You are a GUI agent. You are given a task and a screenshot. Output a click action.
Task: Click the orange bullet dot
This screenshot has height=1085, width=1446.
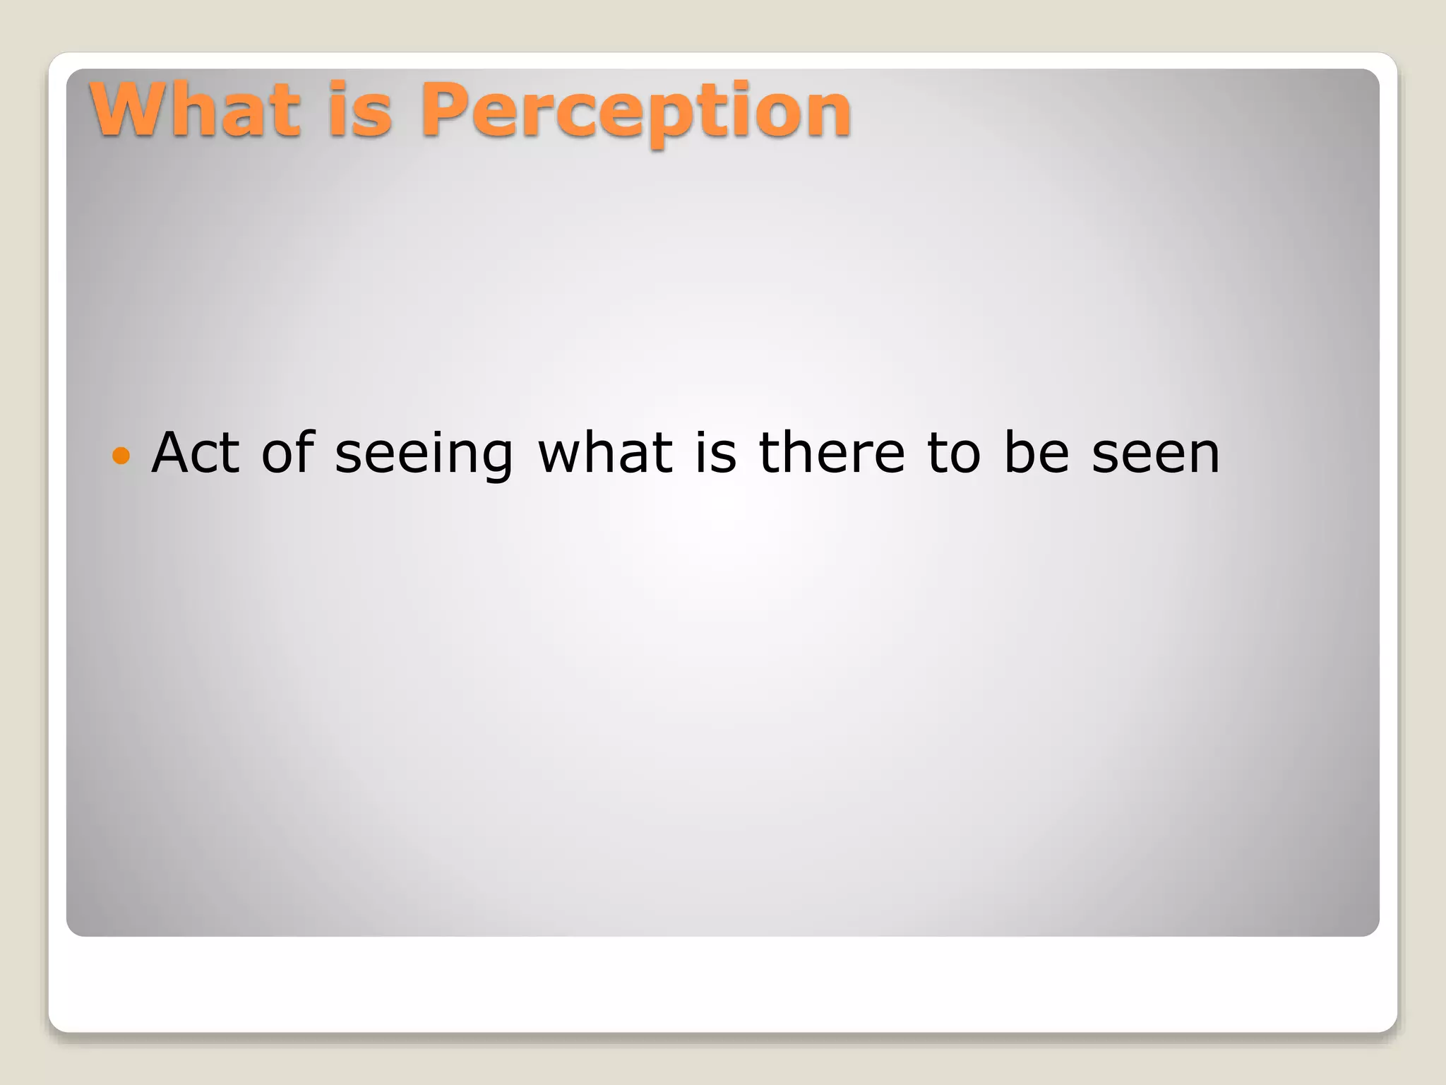coord(121,456)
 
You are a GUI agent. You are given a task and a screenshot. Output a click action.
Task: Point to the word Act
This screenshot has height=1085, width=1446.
coord(196,453)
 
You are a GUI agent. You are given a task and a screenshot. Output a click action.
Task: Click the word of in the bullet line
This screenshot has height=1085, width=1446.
coord(288,453)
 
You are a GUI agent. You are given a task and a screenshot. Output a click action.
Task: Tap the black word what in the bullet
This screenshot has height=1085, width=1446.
coord(606,453)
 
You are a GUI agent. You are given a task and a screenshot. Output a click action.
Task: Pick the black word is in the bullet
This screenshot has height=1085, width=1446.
coord(716,453)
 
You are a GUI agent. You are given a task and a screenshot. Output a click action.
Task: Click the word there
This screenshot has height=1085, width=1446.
coord(831,453)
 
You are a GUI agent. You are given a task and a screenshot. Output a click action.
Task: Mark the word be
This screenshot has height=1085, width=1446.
coord(1036,453)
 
